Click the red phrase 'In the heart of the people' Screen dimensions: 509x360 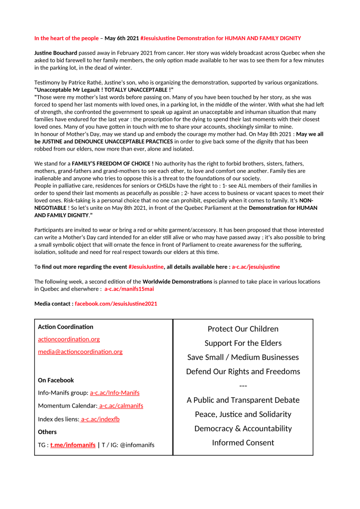(67, 38)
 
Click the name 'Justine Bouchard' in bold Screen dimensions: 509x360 (56, 53)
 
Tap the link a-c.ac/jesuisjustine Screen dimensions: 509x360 (256, 267)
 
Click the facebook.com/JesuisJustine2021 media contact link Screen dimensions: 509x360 (116, 303)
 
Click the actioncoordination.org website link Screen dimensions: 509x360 (69, 339)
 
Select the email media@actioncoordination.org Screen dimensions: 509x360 (80, 351)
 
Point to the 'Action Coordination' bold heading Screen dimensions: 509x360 (66, 327)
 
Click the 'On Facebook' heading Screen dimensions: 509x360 (56, 380)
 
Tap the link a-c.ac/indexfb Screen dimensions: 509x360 (100, 419)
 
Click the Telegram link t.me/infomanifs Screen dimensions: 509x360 (73, 445)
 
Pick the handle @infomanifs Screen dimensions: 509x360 (137, 445)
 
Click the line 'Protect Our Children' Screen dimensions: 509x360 (243, 329)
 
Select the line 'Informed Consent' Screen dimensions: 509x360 (243, 442)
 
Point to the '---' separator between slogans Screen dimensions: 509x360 (243, 386)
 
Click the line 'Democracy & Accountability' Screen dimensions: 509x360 (243, 428)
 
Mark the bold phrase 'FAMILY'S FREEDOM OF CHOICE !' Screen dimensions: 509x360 (112, 163)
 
